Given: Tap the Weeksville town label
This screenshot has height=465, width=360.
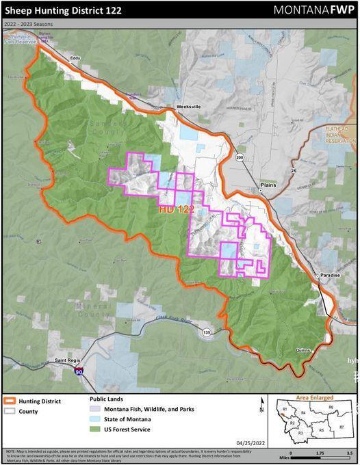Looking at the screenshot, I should pyautogui.click(x=187, y=107).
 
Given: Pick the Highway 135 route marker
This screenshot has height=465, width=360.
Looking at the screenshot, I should pyautogui.click(x=207, y=332).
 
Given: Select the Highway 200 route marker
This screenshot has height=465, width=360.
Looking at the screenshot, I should pyautogui.click(x=239, y=157).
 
